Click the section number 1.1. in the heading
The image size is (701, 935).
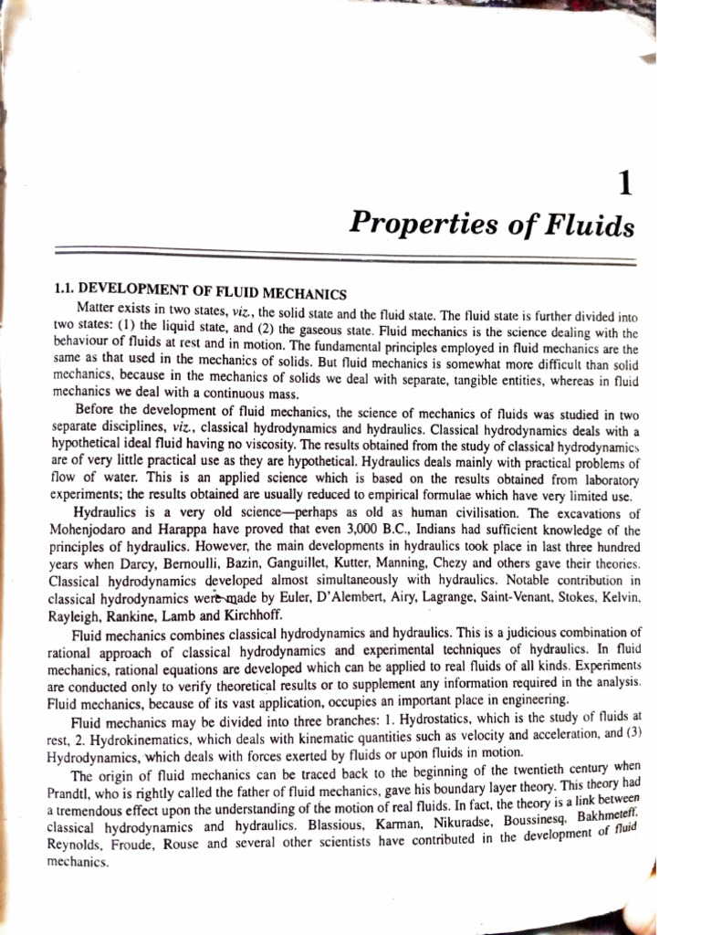69,288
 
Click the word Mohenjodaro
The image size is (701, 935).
94,531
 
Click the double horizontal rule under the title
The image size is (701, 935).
347,256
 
